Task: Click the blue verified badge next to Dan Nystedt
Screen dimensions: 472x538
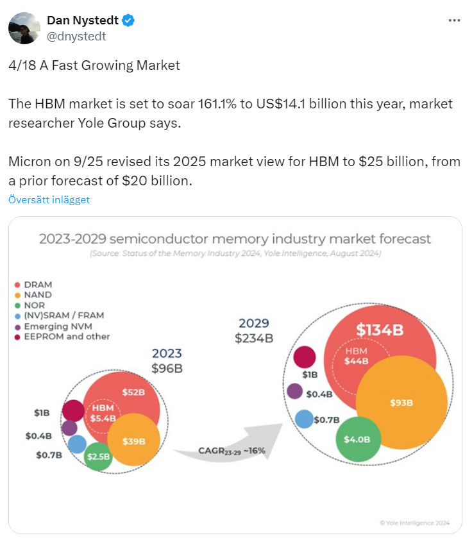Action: click(x=128, y=21)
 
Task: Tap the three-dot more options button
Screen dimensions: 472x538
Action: click(x=454, y=21)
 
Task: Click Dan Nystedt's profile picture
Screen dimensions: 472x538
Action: click(x=24, y=28)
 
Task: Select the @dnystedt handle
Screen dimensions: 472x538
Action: click(x=76, y=36)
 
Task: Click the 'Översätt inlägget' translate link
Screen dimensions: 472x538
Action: click(x=49, y=199)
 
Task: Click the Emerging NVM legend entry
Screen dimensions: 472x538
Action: click(x=53, y=326)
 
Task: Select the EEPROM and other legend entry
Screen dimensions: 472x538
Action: click(x=62, y=337)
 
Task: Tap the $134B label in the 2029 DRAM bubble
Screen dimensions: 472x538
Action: click(x=380, y=330)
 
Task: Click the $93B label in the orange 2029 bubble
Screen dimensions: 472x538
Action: click(x=401, y=403)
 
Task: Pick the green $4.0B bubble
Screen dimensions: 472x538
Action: click(x=358, y=439)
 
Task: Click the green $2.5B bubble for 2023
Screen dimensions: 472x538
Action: click(x=97, y=457)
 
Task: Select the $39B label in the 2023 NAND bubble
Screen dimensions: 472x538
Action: click(x=134, y=441)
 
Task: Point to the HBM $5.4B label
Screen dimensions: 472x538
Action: click(x=103, y=413)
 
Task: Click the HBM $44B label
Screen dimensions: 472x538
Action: click(x=357, y=356)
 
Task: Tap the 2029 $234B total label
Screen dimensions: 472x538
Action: click(x=254, y=331)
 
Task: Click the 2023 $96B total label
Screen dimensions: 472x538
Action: click(x=167, y=360)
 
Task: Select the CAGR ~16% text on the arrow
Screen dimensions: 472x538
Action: click(x=232, y=451)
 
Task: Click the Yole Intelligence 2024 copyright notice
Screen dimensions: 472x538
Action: click(x=414, y=523)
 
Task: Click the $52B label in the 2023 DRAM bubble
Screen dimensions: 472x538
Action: click(x=133, y=392)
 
